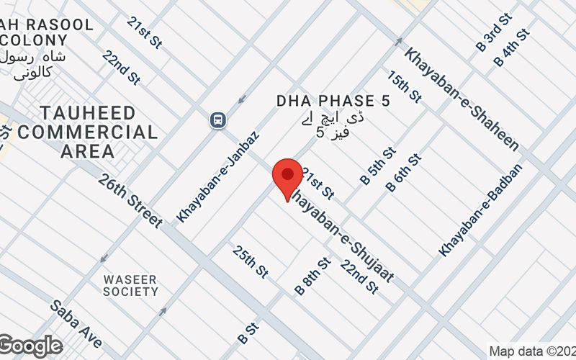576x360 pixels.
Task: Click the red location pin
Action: tap(287, 178)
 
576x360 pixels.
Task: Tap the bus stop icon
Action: tap(216, 120)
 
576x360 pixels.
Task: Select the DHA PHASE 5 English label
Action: tap(333, 102)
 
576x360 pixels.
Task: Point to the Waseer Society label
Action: tap(130, 285)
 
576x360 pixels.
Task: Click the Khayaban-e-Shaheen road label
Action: tap(462, 99)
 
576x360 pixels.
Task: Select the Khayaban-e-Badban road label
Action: tap(481, 210)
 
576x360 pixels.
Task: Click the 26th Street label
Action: tap(131, 200)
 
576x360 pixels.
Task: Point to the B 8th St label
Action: tap(312, 276)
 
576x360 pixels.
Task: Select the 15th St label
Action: tap(404, 87)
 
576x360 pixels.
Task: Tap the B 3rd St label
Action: tap(494, 32)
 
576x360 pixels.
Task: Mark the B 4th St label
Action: tap(513, 47)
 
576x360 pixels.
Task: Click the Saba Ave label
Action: tap(75, 323)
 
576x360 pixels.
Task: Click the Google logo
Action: tap(30, 346)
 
